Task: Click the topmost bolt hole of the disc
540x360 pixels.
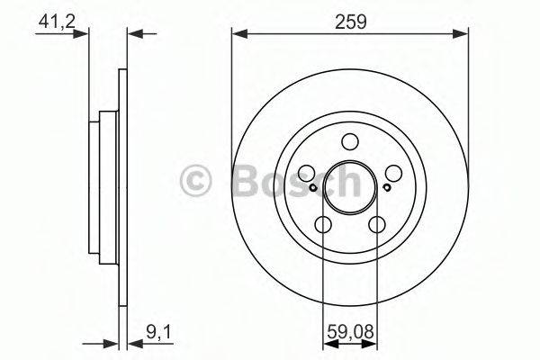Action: (x=350, y=141)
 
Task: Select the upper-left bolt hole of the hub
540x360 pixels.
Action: (x=307, y=173)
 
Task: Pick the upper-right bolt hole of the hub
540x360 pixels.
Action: (x=393, y=173)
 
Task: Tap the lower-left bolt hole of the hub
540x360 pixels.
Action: (x=323, y=223)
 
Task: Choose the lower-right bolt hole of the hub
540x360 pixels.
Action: (x=377, y=223)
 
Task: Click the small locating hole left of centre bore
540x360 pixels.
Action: (x=312, y=187)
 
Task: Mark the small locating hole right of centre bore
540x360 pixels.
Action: (x=387, y=187)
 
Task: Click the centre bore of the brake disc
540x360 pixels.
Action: (x=350, y=187)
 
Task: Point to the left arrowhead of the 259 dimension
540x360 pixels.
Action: (x=238, y=34)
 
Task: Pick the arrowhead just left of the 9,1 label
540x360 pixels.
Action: (x=114, y=344)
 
